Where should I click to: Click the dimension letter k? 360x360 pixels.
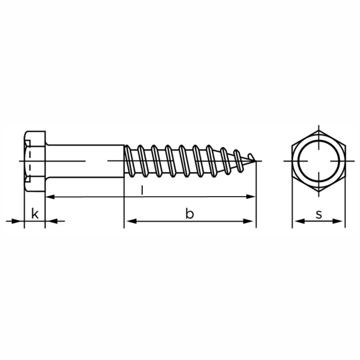(x=35, y=213)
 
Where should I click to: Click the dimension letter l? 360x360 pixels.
(x=143, y=191)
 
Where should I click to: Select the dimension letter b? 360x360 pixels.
(x=189, y=213)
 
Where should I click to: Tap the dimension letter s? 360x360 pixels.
(x=319, y=215)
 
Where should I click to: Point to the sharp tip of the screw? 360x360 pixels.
(x=256, y=160)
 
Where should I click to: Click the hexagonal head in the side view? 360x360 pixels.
(x=35, y=161)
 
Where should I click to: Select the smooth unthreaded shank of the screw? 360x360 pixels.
(x=85, y=161)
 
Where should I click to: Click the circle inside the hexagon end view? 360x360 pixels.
(x=319, y=140)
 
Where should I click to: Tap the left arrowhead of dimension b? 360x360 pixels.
(x=132, y=221)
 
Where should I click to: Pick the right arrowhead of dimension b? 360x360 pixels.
(x=248, y=221)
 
